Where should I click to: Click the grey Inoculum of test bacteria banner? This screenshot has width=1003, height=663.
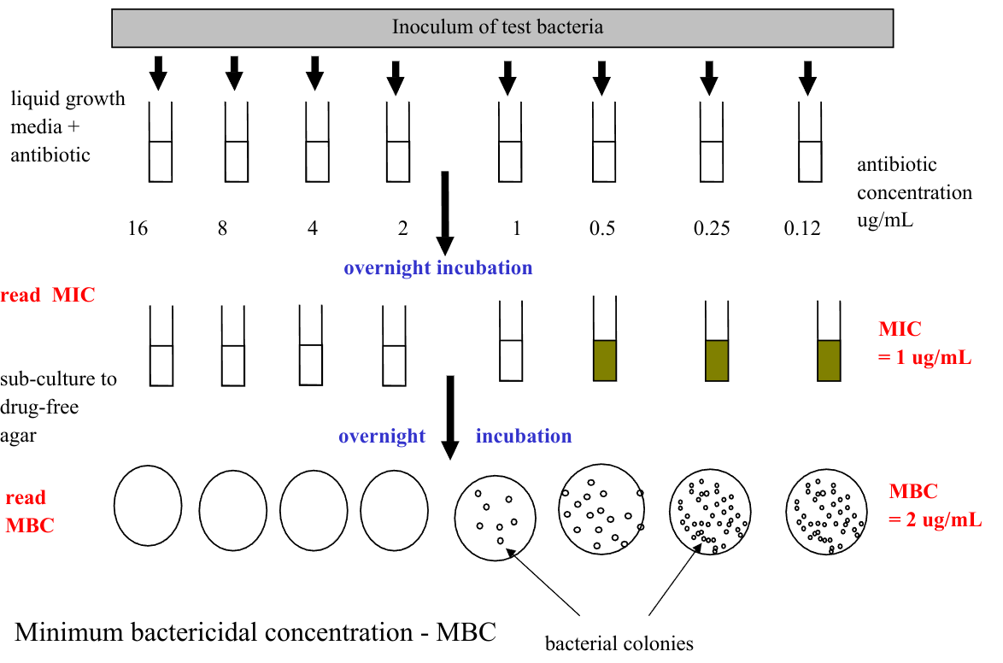pyautogui.click(x=502, y=27)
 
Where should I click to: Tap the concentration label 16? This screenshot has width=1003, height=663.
pyautogui.click(x=138, y=229)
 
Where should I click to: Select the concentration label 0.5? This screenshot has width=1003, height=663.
pyautogui.click(x=602, y=229)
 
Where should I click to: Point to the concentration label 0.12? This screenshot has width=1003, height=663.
pyautogui.click(x=801, y=229)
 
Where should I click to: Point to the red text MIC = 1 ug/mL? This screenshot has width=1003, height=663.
pyautogui.click(x=924, y=343)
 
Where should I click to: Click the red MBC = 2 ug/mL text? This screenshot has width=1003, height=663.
pyautogui.click(x=935, y=505)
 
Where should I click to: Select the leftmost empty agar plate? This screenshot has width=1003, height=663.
pyautogui.click(x=148, y=505)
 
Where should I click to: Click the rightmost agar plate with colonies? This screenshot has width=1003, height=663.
pyautogui.click(x=825, y=514)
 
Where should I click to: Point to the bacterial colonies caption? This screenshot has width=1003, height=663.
pyautogui.click(x=619, y=642)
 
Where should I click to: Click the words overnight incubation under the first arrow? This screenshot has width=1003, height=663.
pyautogui.click(x=437, y=268)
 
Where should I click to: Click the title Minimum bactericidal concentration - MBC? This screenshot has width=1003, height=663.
pyautogui.click(x=255, y=633)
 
